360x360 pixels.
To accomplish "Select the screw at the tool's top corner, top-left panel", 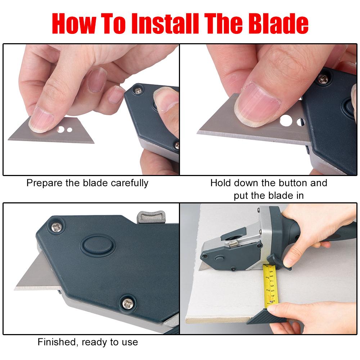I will (x=138, y=91).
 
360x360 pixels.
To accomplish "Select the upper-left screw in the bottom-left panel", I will (x=57, y=227).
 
